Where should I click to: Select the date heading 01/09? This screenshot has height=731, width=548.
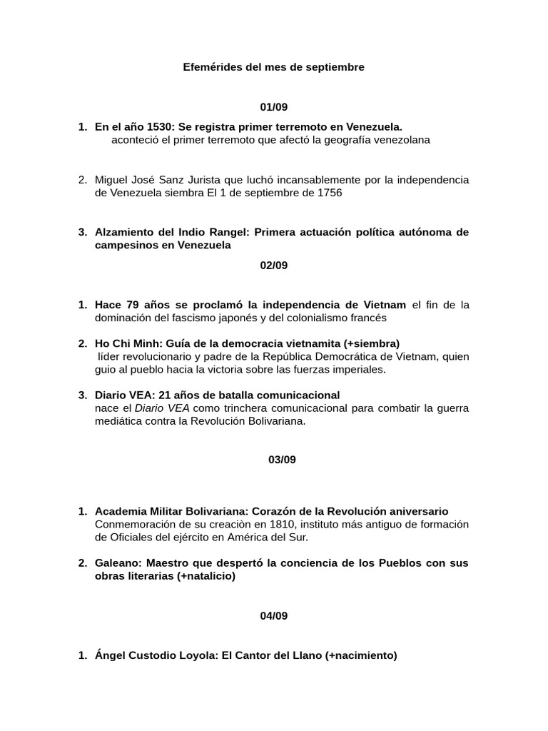274,107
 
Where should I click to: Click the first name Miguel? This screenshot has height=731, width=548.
111,180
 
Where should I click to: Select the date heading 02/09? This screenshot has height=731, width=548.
274,265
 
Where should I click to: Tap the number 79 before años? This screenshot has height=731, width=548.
133,305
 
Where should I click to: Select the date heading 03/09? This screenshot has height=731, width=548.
283,460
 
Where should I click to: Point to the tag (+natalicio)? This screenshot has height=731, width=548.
206,576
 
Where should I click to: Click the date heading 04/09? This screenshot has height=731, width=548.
274,615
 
